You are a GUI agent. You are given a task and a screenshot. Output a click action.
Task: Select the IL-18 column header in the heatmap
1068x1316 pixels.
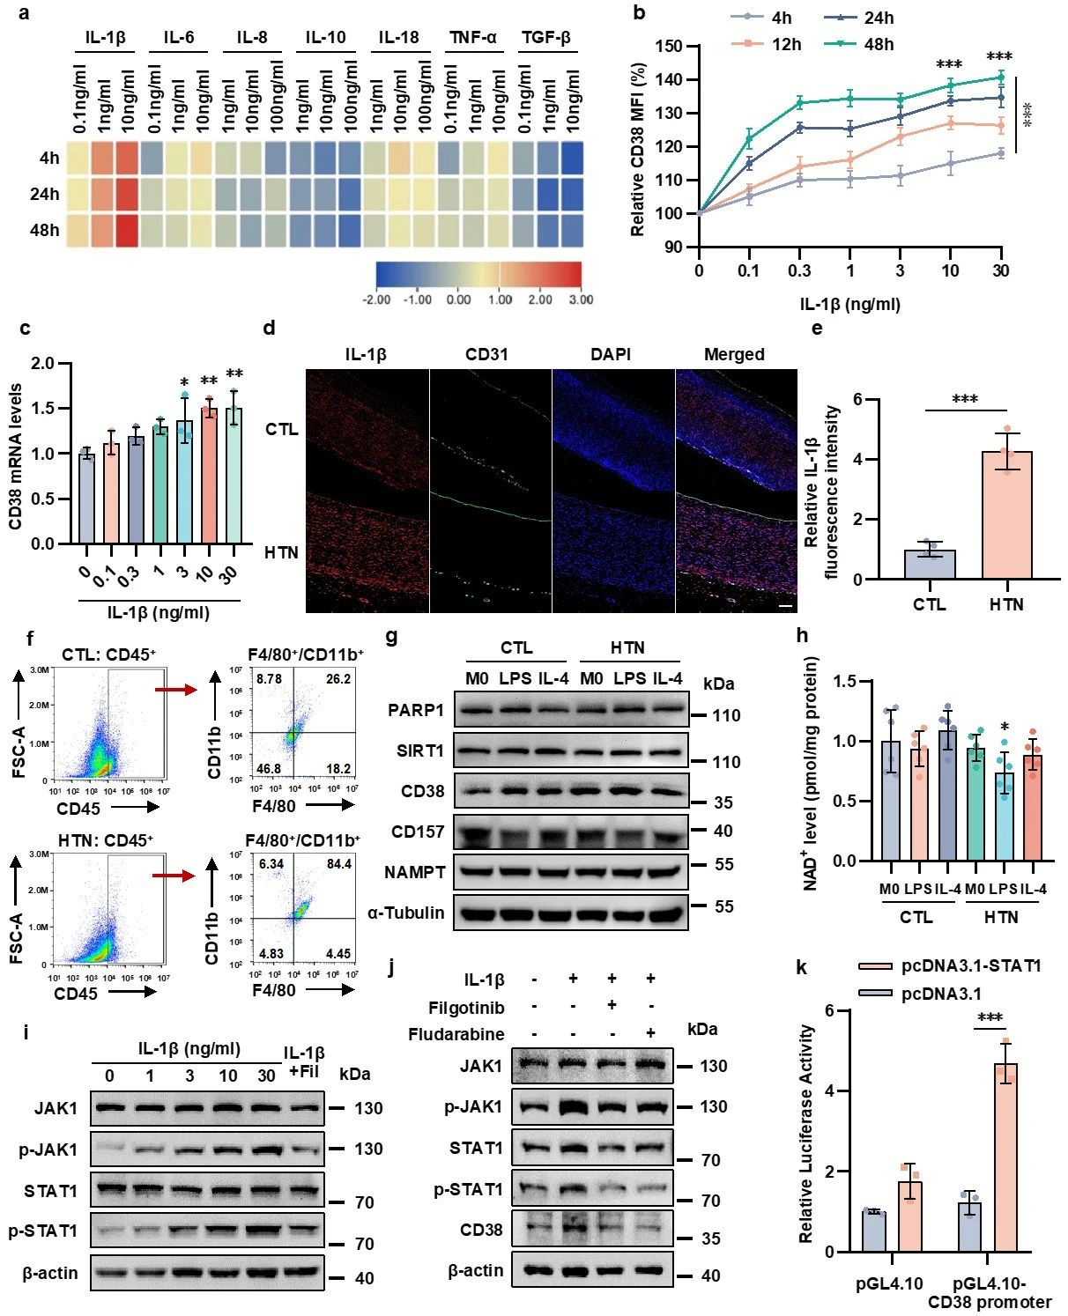point(398,37)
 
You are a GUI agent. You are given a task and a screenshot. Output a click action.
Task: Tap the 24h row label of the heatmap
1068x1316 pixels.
point(44,194)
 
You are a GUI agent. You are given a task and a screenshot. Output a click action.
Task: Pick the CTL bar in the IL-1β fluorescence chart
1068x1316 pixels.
point(930,564)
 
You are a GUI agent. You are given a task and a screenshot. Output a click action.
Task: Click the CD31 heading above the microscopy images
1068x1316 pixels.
point(486,354)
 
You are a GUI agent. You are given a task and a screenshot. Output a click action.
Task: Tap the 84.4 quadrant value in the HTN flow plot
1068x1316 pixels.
point(338,864)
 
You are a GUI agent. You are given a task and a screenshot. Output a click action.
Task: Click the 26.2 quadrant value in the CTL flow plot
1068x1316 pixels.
point(338,679)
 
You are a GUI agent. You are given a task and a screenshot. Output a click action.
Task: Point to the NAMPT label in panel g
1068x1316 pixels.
point(414,872)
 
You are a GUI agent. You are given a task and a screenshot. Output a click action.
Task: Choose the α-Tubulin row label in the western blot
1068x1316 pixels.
point(405,913)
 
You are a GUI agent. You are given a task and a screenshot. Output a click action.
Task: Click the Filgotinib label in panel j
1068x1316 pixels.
point(466,1007)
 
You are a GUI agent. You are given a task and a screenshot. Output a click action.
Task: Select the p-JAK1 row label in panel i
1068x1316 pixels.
point(49,1150)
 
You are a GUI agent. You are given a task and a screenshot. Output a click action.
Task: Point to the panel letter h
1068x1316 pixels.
point(802,635)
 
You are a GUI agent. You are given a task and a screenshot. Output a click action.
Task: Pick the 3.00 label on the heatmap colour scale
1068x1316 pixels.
point(581,299)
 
